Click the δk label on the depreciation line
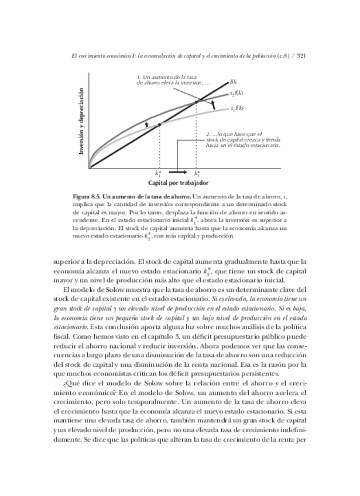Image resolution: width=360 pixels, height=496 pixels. coord(233,82)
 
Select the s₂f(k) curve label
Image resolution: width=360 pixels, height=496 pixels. coord(236,93)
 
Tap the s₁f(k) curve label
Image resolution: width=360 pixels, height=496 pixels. coord(236,108)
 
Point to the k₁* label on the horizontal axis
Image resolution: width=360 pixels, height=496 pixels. coord(159,174)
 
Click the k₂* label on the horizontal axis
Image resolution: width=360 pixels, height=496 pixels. coord(197,174)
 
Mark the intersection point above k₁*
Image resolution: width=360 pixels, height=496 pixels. coord(159,125)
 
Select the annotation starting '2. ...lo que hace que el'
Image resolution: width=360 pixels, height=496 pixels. coord(243,140)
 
